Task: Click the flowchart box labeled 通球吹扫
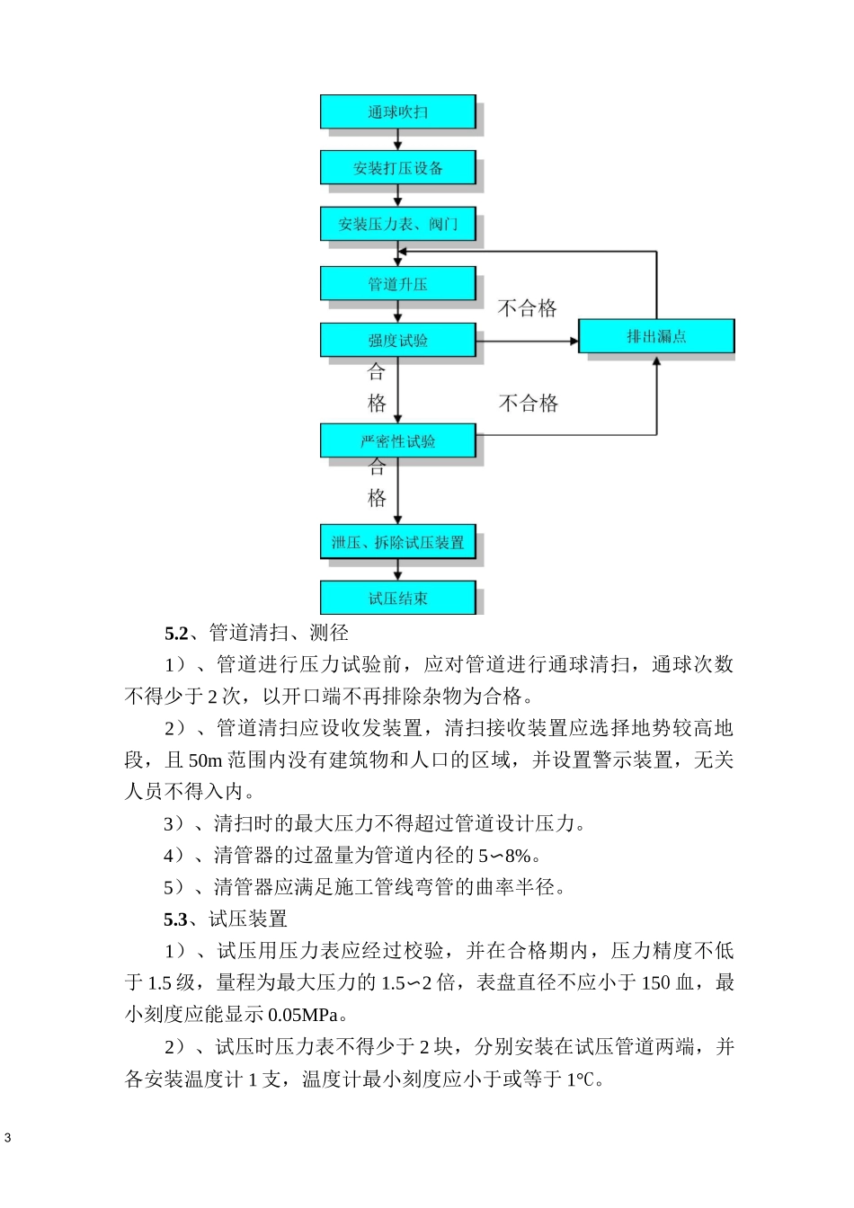(397, 111)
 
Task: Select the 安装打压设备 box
(397, 167)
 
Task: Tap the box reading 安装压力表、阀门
(397, 224)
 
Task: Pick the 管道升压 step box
(397, 284)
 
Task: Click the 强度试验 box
(397, 340)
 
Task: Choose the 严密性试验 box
(397, 440)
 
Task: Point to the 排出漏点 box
(655, 336)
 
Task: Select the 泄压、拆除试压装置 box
(397, 542)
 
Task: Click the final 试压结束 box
(397, 598)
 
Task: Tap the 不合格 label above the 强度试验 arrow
(528, 308)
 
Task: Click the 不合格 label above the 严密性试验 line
(529, 403)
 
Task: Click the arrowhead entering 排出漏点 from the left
(573, 341)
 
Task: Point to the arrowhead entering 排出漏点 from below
(656, 360)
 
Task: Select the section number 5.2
(176, 633)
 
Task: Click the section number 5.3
(176, 919)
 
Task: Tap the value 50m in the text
(205, 760)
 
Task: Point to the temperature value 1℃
(583, 1079)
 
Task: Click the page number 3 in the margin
(8, 1138)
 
